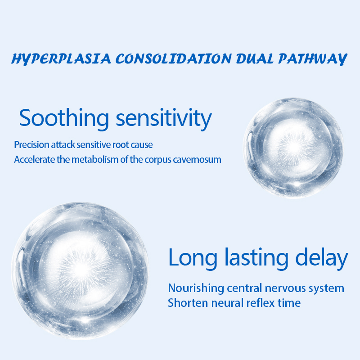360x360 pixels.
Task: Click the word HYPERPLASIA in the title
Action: pyautogui.click(x=61, y=59)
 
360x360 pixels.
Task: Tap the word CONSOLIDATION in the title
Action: pyautogui.click(x=174, y=59)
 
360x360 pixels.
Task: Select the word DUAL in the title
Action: pyautogui.click(x=255, y=59)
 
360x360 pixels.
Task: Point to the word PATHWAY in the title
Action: pyautogui.click(x=313, y=59)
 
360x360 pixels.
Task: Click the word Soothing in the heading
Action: pyautogui.click(x=64, y=119)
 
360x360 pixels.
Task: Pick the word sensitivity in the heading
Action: pyautogui.click(x=164, y=119)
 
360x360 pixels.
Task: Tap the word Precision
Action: pyautogui.click(x=31, y=145)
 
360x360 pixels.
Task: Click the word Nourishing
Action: pyautogui.click(x=196, y=288)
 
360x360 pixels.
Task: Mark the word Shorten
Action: pyautogui.click(x=188, y=303)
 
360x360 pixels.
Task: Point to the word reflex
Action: pyautogui.click(x=261, y=303)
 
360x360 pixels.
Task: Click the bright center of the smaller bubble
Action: pyautogui.click(x=293, y=148)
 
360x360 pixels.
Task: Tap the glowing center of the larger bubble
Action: pyautogui.click(x=81, y=269)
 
